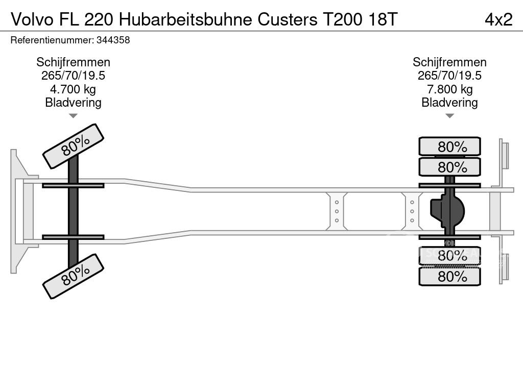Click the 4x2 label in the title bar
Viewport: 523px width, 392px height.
click(x=498, y=19)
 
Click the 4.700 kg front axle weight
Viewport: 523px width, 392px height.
click(x=73, y=89)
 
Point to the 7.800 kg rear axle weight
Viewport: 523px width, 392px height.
click(x=449, y=89)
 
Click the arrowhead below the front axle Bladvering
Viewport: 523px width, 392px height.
click(x=73, y=116)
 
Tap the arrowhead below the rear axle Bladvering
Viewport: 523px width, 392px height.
click(x=449, y=116)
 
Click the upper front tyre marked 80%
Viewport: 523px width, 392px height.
click(x=73, y=146)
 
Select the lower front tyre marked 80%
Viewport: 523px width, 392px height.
click(x=73, y=276)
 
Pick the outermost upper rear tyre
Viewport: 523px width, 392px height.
click(x=449, y=146)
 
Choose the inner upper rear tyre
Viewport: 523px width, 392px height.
click(x=449, y=167)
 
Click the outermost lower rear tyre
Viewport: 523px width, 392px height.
click(x=449, y=276)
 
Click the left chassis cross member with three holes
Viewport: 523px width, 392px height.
click(x=337, y=211)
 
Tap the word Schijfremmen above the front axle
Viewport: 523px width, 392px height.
click(x=73, y=62)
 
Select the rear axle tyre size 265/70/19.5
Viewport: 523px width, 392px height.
click(x=449, y=76)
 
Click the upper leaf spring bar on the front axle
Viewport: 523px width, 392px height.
click(x=73, y=185)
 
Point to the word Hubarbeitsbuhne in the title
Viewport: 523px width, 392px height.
click(x=187, y=19)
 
